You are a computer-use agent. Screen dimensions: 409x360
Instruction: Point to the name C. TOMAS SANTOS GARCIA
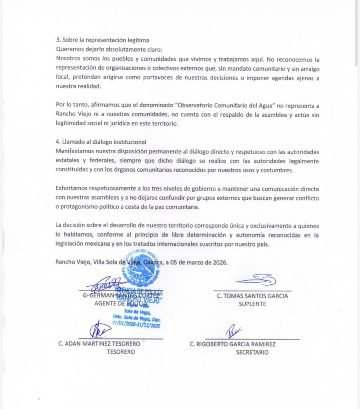[252, 296]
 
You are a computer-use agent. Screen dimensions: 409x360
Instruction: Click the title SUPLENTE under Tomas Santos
[252, 304]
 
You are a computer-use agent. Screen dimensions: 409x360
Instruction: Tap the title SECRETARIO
[252, 352]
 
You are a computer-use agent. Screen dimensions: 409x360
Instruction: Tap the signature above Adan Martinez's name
[99, 330]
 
